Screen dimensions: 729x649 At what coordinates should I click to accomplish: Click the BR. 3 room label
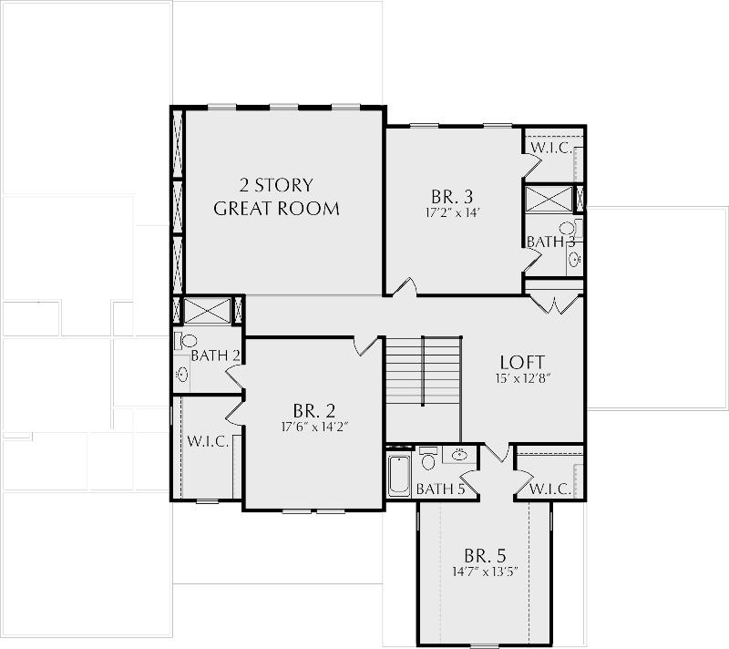(452, 197)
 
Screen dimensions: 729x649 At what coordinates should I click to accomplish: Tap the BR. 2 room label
(314, 411)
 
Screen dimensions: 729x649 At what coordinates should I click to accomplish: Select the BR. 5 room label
(485, 556)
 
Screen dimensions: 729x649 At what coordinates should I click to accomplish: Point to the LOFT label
(522, 362)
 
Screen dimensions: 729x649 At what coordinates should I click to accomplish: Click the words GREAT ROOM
(277, 209)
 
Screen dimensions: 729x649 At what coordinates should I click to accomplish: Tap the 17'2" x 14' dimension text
(452, 213)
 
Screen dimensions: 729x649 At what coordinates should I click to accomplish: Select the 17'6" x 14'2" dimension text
(314, 427)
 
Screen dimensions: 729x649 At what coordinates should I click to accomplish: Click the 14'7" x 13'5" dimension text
(486, 572)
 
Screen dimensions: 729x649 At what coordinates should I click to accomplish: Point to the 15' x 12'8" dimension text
(523, 378)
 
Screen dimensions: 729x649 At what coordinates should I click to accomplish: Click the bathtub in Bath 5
(399, 475)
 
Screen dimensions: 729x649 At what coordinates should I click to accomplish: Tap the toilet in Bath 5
(427, 458)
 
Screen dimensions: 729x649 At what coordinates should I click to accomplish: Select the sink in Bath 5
(459, 454)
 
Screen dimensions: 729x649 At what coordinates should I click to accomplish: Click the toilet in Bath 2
(186, 341)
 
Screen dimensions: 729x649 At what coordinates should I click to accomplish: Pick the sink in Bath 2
(182, 374)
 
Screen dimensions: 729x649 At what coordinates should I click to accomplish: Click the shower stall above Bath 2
(208, 311)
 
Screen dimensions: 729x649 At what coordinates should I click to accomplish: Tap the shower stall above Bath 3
(549, 199)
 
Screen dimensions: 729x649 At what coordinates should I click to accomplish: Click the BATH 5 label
(440, 489)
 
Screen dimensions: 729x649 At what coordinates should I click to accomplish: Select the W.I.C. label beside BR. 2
(208, 441)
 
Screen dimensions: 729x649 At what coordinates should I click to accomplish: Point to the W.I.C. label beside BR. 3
(551, 149)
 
